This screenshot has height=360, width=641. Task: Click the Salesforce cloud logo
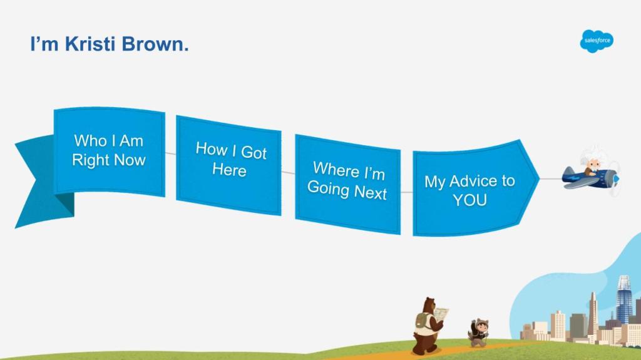pyautogui.click(x=597, y=41)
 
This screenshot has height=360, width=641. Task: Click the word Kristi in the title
pyautogui.click(x=90, y=44)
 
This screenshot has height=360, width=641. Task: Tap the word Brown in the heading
pyautogui.click(x=155, y=44)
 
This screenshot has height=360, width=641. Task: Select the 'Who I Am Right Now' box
pyautogui.click(x=110, y=152)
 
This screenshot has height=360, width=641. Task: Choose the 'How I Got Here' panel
pyautogui.click(x=228, y=165)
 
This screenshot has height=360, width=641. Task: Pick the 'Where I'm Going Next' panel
pyautogui.click(x=348, y=184)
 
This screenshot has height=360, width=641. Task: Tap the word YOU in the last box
pyautogui.click(x=469, y=200)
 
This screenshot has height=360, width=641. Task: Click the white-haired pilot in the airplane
pyautogui.click(x=591, y=161)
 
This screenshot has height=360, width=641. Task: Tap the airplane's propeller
pyautogui.click(x=615, y=179)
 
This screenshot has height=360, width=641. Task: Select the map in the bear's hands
pyautogui.click(x=441, y=314)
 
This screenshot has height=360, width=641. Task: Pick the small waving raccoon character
pyautogui.click(x=478, y=332)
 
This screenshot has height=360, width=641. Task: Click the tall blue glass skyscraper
pyautogui.click(x=624, y=299)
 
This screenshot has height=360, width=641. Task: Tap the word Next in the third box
pyautogui.click(x=371, y=192)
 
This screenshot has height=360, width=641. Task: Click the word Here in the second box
pyautogui.click(x=229, y=170)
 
